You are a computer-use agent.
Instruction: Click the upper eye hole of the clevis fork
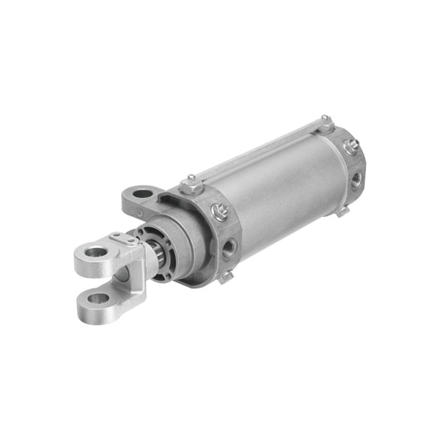point(95,252)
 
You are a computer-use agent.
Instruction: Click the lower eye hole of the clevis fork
point(98,298)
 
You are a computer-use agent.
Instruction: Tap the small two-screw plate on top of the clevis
point(124,237)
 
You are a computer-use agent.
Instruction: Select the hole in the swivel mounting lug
point(144,194)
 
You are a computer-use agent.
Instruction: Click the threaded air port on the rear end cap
point(356,179)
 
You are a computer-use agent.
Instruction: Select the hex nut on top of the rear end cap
point(326,122)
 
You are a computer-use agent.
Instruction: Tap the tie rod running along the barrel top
point(257,150)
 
